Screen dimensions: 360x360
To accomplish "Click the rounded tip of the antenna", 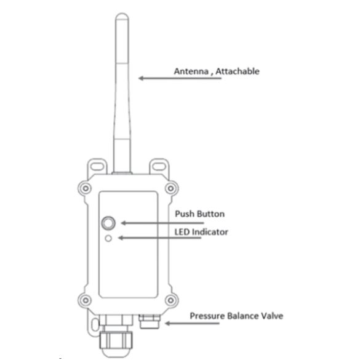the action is tap(122, 16).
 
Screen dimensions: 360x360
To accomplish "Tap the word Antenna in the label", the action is tap(191, 71).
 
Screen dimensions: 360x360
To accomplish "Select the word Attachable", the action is tap(238, 71).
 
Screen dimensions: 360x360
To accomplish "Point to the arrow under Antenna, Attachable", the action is tap(180, 78).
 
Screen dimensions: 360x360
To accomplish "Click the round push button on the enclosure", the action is tap(108, 223).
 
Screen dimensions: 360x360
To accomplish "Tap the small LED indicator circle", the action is tap(108, 238).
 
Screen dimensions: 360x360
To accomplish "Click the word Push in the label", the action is tap(183, 214).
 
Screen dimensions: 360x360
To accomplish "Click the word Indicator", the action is tap(210, 232).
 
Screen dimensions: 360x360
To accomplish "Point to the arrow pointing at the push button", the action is tap(162, 223).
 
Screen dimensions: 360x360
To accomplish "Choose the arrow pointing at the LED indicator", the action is tap(160, 238).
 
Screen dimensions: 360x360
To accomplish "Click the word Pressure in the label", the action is tap(207, 316).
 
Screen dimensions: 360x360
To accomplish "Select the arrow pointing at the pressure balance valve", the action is tap(193, 323).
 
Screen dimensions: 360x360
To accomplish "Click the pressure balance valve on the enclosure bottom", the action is tap(150, 322).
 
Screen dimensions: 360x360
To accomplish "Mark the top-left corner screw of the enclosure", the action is tap(86, 188).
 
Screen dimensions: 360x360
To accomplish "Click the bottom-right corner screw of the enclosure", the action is tap(170, 300).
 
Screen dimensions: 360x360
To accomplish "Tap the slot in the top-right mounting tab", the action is tap(159, 166).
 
